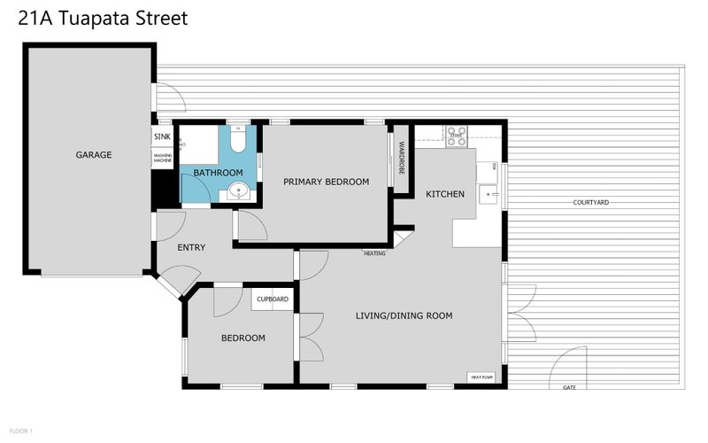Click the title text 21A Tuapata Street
click(103, 19)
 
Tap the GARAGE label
click(93, 155)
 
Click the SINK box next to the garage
click(162, 136)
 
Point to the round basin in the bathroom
click(236, 190)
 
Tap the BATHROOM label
click(218, 172)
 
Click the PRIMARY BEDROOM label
click(326, 182)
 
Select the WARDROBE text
click(400, 157)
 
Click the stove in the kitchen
click(456, 136)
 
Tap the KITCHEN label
click(445, 194)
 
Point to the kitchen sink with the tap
click(488, 193)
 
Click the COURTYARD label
click(591, 203)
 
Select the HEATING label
click(374, 253)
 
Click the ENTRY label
click(191, 247)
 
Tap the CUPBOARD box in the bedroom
click(273, 299)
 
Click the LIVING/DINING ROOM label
click(404, 315)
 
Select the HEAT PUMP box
click(482, 377)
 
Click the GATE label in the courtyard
click(567, 387)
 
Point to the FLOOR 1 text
click(20, 431)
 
